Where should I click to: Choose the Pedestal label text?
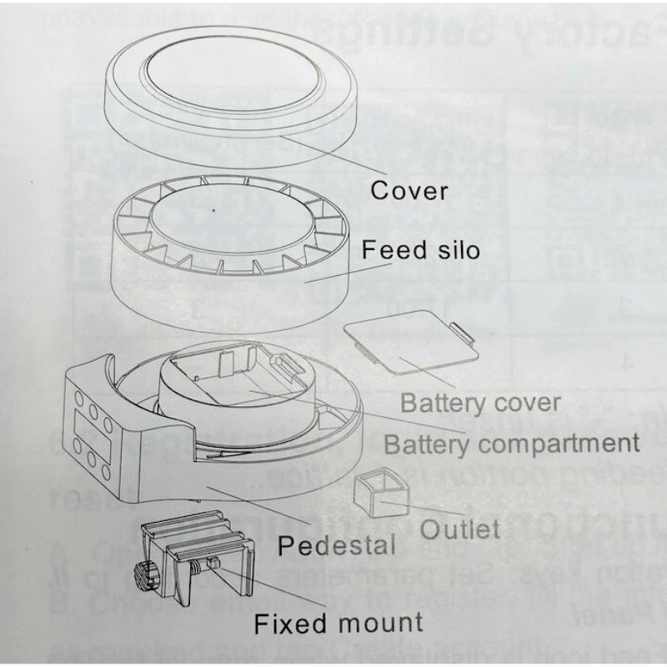coord(336,547)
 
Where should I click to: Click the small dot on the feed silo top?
coord(214,210)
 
